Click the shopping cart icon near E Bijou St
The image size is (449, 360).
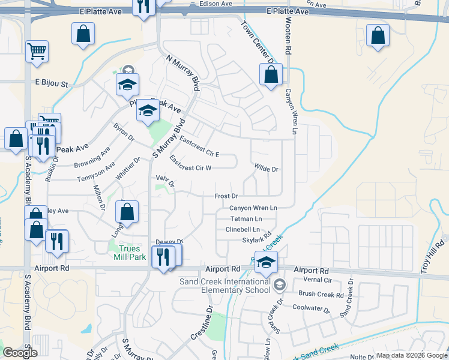(37, 52)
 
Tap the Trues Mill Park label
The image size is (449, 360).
(130, 253)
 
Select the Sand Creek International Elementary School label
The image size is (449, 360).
(226, 286)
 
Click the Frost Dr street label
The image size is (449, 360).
(226, 196)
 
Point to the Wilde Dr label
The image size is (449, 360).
(267, 169)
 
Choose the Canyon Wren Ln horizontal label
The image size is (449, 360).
(253, 208)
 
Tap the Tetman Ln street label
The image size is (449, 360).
(246, 218)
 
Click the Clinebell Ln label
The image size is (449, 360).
(243, 229)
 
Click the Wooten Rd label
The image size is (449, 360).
(288, 36)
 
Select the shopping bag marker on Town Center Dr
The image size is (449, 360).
(271, 75)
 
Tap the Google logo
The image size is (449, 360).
(20, 352)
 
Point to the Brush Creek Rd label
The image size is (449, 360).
(321, 295)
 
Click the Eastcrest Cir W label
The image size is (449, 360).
(190, 164)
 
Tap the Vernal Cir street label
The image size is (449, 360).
(319, 280)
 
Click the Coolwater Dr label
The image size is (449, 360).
(311, 309)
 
